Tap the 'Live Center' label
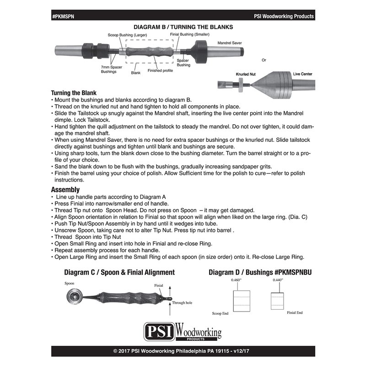302,73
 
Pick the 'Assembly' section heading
65,189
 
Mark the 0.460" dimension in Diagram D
236,280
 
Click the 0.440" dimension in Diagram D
277,280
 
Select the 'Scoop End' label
221,314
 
